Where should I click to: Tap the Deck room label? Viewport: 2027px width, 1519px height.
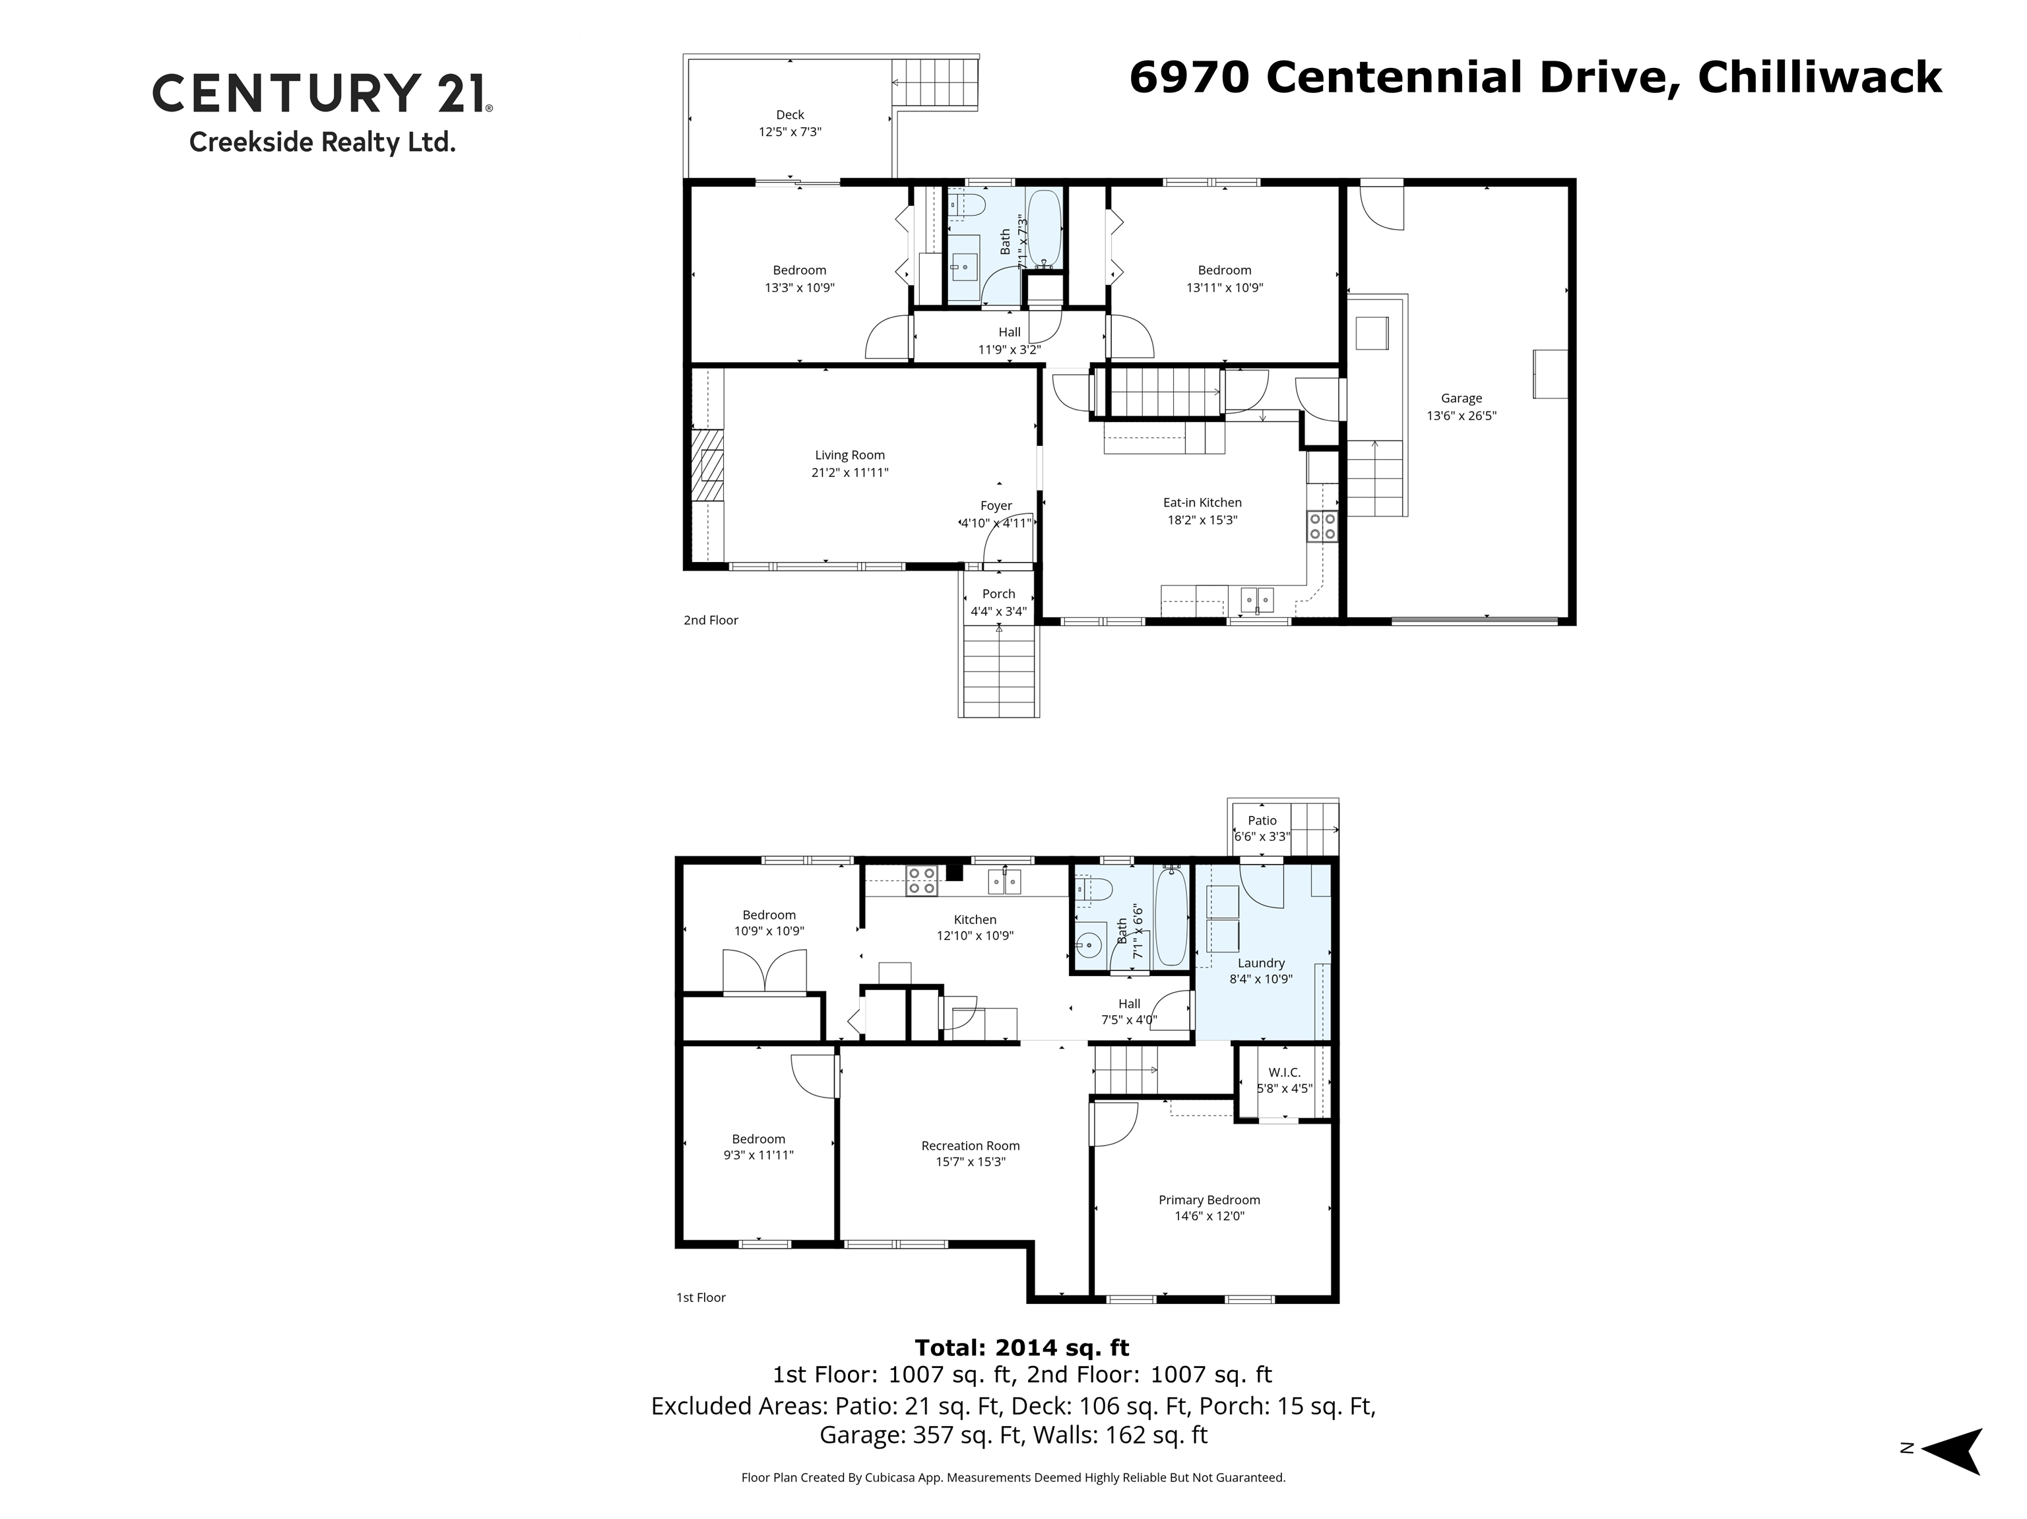pos(789,115)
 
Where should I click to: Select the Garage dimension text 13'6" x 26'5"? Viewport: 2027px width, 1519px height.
pos(1461,415)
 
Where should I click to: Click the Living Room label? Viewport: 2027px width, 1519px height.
pos(849,454)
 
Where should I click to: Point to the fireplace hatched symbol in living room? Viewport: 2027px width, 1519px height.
pos(707,475)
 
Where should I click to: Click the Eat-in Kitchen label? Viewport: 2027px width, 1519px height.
pos(1202,502)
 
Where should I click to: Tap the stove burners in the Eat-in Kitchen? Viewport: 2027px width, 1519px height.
pos(1322,526)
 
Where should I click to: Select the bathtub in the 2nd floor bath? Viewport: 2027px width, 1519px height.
pos(1044,226)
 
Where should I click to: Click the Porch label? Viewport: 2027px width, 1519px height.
pos(998,594)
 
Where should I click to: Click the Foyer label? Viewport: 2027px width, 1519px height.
pos(996,506)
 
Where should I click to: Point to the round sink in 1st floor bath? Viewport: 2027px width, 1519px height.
pos(1087,943)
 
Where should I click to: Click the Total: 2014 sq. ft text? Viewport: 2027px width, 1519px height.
pos(1021,1348)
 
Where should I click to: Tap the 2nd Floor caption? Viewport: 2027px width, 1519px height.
pos(710,620)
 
